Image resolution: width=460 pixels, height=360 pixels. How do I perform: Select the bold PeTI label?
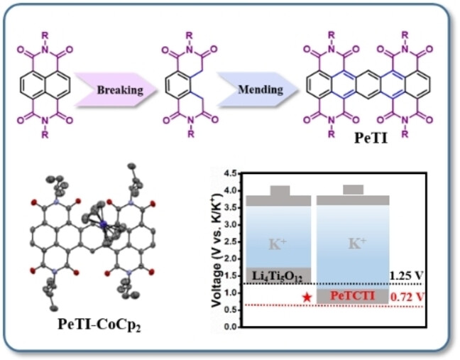click(x=371, y=140)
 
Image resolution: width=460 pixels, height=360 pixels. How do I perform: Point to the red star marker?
click(x=307, y=296)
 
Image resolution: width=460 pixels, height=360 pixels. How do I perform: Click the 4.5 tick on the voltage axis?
click(x=229, y=174)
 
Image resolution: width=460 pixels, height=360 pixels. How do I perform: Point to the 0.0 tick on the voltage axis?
click(x=229, y=327)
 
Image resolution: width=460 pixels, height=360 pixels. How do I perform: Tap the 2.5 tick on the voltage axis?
click(x=229, y=242)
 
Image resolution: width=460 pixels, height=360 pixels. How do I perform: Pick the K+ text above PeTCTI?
click(x=352, y=243)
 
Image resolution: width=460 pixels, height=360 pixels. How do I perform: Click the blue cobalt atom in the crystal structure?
click(x=103, y=225)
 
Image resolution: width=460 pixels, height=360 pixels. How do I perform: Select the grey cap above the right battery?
click(x=353, y=190)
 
